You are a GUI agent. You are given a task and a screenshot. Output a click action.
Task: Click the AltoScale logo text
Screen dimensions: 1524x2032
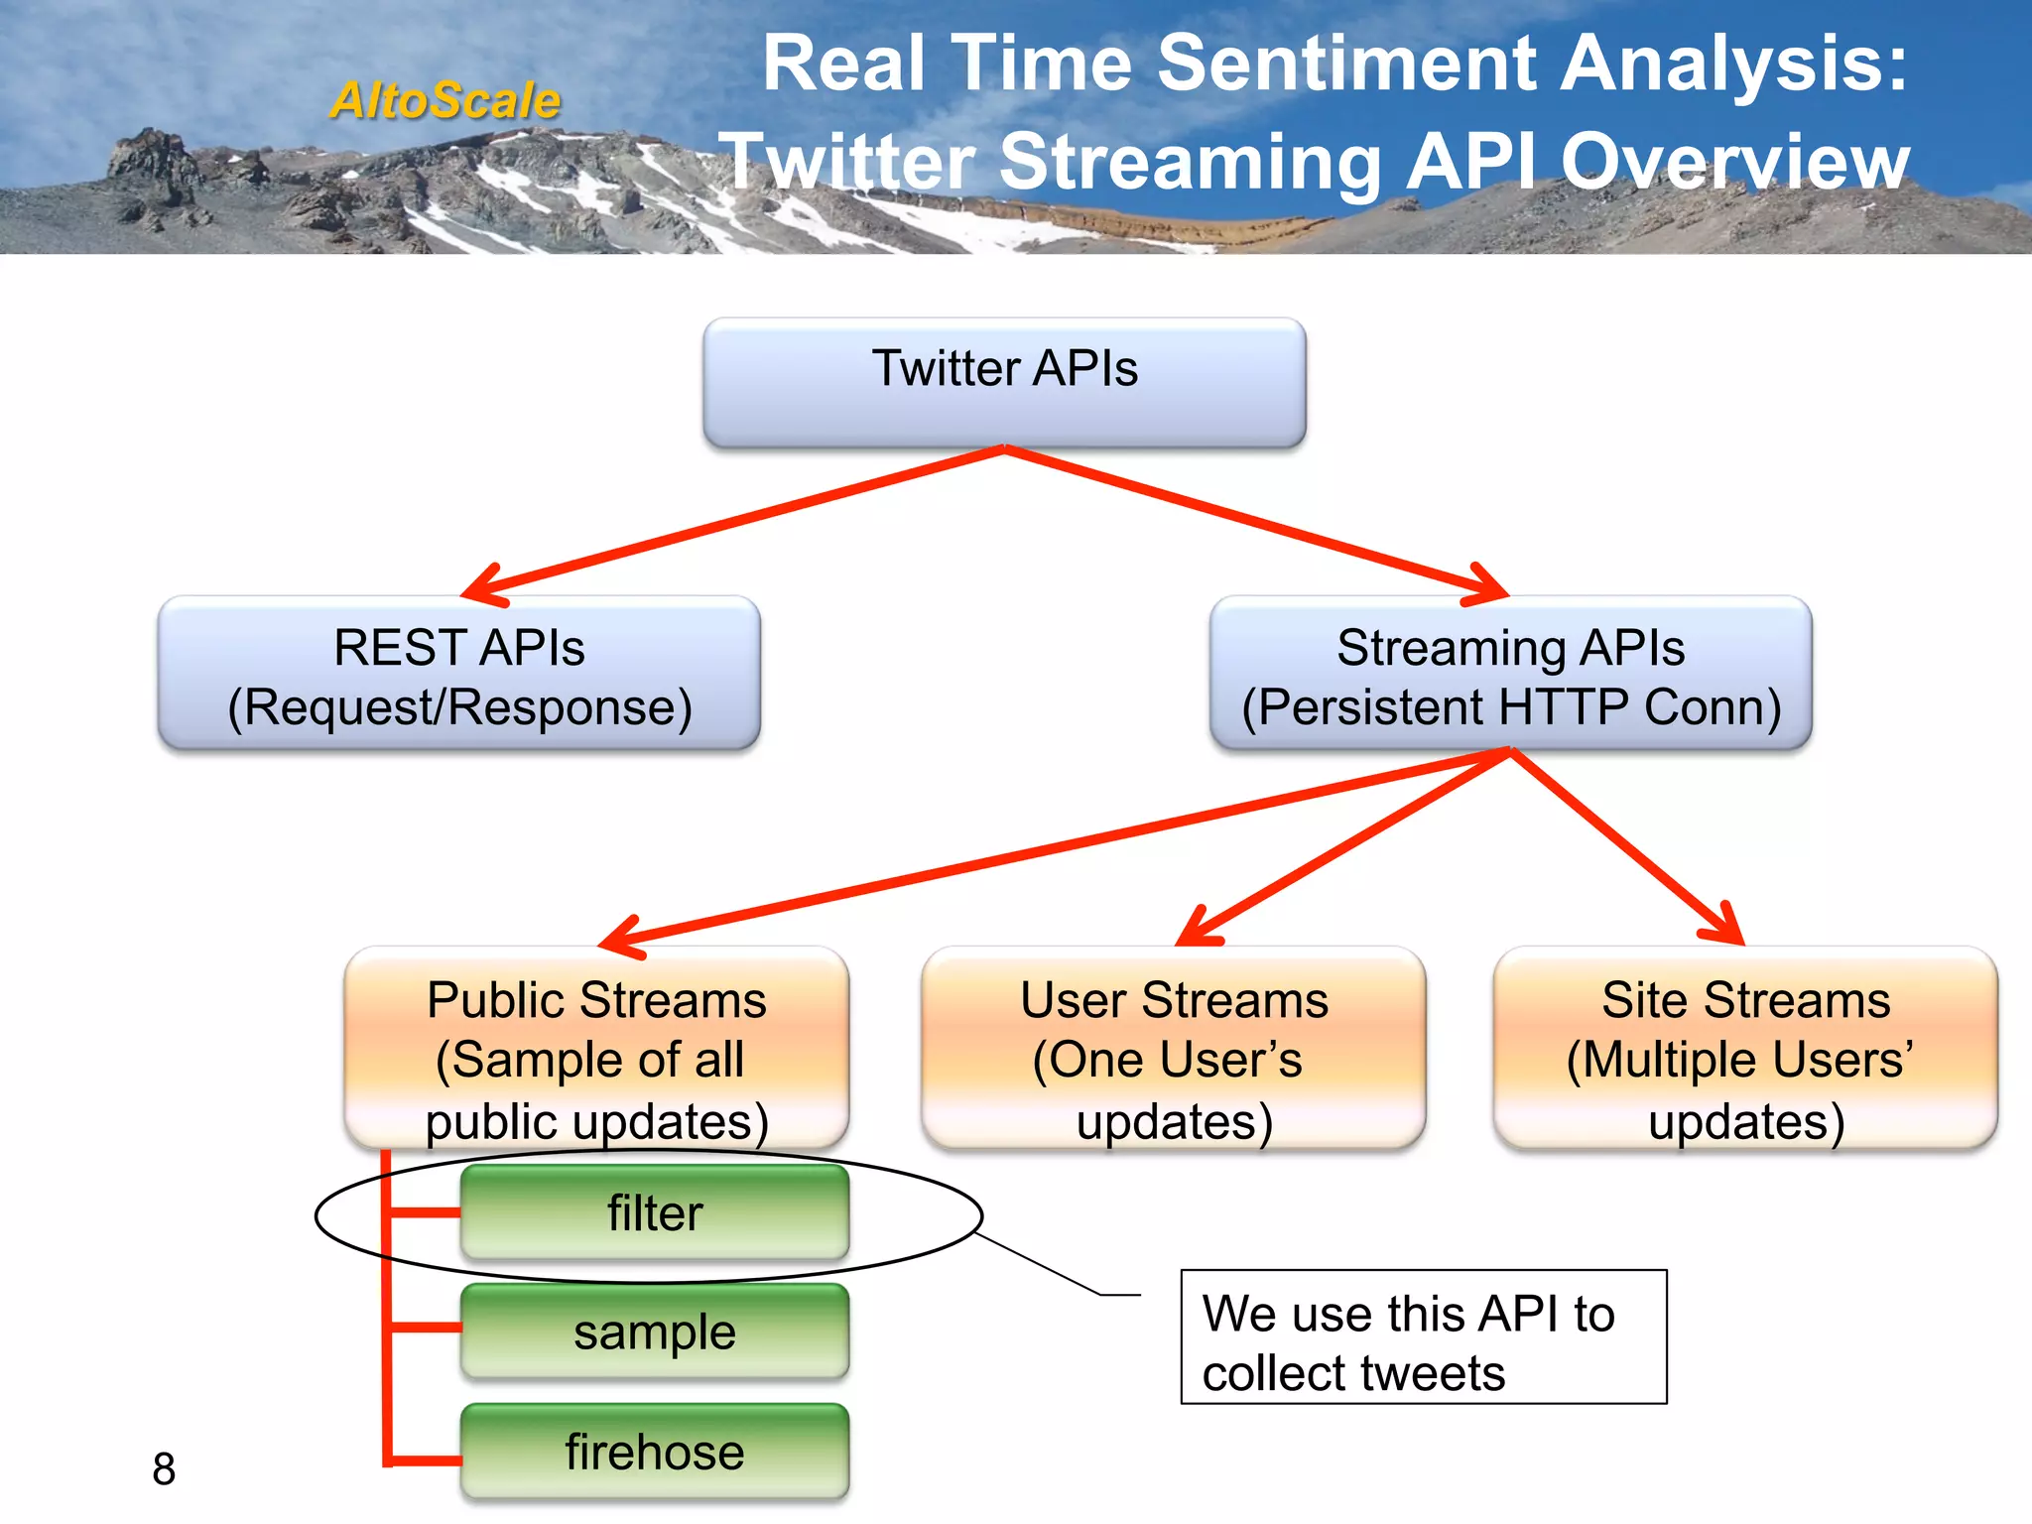tap(445, 100)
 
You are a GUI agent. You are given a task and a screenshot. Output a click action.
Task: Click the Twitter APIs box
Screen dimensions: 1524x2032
tap(1004, 382)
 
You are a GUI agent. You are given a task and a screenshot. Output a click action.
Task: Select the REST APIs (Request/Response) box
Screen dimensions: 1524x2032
tap(459, 674)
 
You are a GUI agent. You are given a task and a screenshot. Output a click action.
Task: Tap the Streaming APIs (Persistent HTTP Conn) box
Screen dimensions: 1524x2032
tap(1510, 674)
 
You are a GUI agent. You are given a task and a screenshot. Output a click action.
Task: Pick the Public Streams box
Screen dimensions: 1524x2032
tap(596, 1049)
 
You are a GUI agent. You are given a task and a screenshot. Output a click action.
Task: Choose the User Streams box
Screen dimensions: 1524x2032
tap(1173, 1049)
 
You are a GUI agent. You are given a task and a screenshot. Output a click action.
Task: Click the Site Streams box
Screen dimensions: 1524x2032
tap(1745, 1049)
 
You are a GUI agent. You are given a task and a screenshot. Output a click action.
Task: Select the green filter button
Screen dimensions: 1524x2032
tap(655, 1212)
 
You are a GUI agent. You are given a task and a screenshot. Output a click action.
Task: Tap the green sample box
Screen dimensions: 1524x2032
tap(655, 1332)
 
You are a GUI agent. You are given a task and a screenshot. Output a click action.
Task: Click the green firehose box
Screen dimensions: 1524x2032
tap(655, 1452)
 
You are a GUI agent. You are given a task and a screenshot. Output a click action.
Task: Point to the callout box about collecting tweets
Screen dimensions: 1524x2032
tap(1423, 1336)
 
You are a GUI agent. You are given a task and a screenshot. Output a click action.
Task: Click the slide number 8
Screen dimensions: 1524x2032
tap(164, 1469)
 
